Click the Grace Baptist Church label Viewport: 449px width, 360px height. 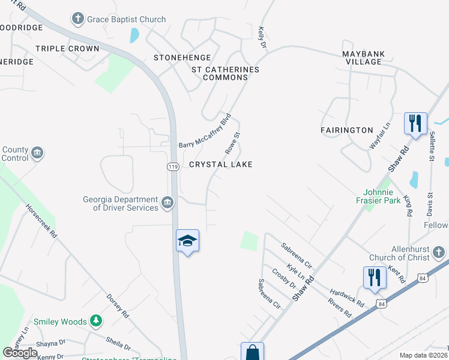(x=126, y=19)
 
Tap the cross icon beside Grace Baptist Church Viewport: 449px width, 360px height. (x=78, y=19)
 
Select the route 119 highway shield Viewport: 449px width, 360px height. (x=172, y=167)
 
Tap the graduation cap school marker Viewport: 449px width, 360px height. (x=187, y=241)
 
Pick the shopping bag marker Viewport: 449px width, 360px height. (x=252, y=352)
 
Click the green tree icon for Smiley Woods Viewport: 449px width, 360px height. (x=95, y=322)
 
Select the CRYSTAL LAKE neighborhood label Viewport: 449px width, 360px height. (x=220, y=164)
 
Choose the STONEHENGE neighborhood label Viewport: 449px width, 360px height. (x=182, y=58)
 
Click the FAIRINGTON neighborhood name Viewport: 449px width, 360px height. (x=346, y=130)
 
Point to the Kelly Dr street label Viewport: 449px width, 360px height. (x=261, y=37)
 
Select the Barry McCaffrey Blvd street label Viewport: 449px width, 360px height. (x=205, y=131)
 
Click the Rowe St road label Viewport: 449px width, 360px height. (x=232, y=143)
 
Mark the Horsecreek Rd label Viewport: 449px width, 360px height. (x=41, y=220)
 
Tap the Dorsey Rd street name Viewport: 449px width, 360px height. (x=118, y=305)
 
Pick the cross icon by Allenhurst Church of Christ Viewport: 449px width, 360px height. (x=439, y=252)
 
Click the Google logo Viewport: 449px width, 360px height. (x=20, y=353)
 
